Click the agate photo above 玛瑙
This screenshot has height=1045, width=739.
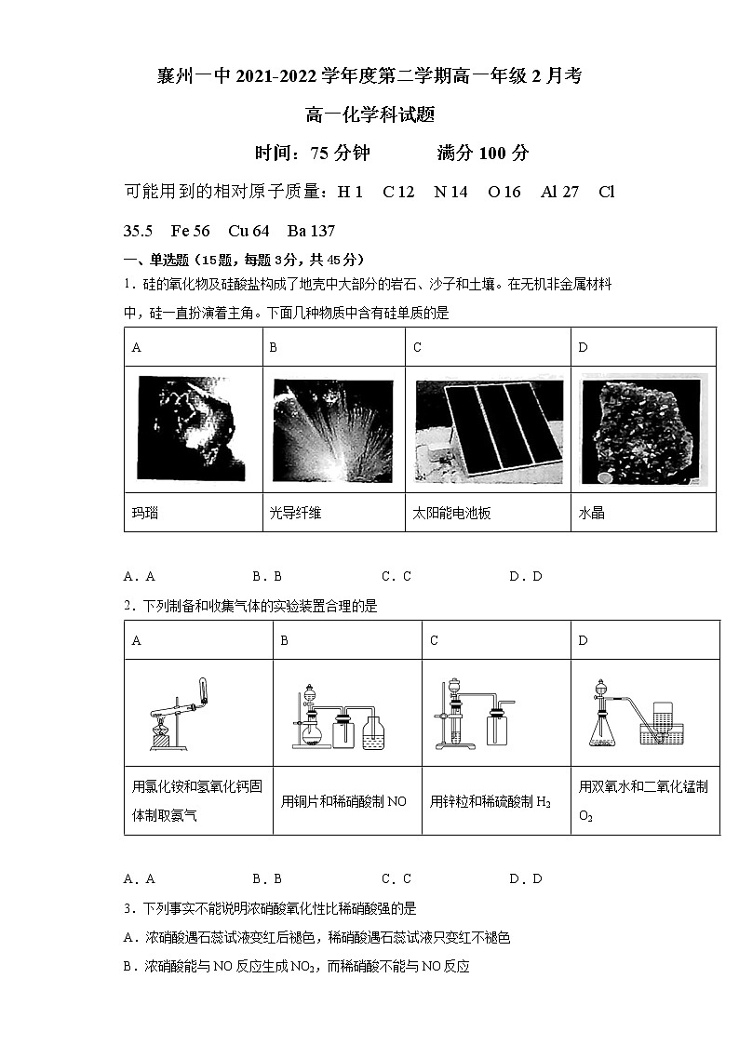193,429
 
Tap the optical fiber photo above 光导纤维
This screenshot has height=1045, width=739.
332,429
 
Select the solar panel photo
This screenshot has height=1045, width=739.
488,429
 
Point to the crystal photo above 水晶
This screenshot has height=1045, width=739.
643,429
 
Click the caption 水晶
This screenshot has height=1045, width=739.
591,513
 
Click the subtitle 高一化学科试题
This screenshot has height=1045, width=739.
369,115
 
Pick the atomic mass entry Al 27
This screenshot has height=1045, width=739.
559,192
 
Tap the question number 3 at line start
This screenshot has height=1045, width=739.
128,908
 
